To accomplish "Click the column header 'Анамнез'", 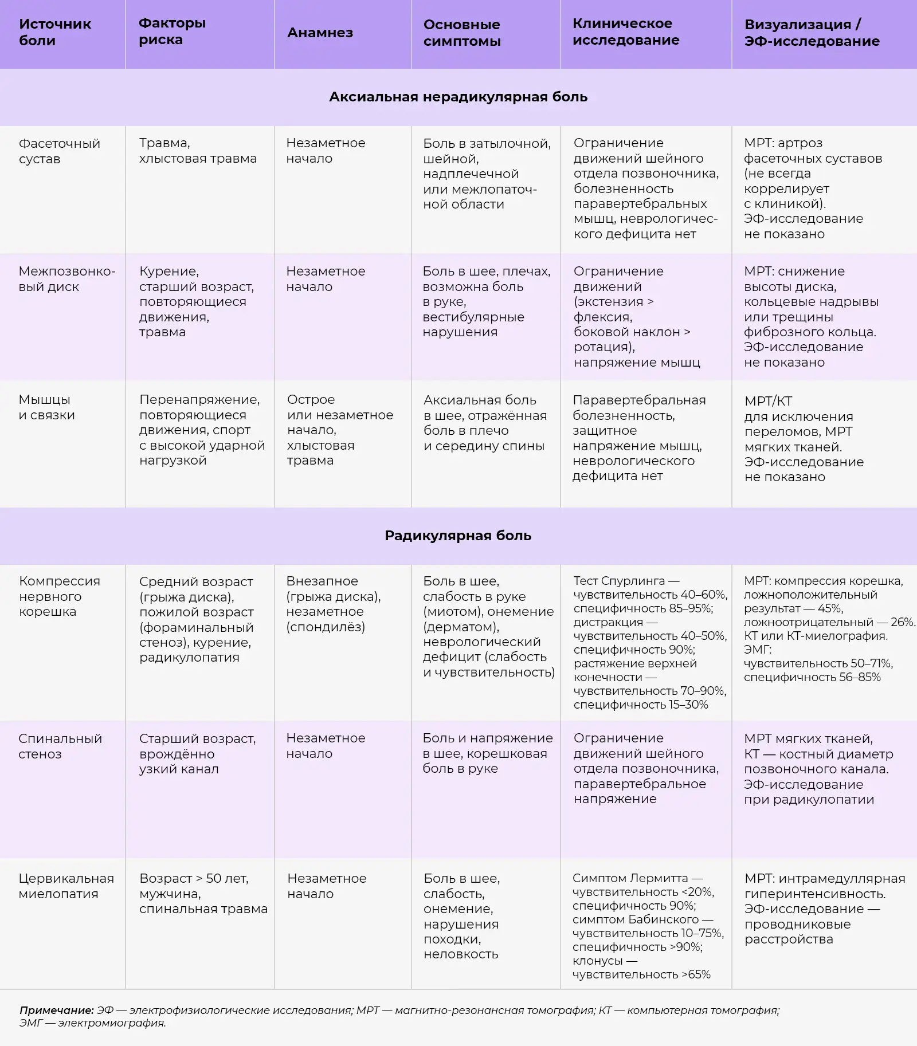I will (320, 33).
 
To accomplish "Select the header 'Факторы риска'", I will (172, 32).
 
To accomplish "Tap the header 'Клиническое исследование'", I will (626, 32).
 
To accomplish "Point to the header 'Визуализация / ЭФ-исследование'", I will (812, 33).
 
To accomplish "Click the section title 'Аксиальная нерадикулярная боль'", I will (458, 97).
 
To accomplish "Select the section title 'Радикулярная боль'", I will (458, 536).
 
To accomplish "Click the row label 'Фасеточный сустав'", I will (59, 151).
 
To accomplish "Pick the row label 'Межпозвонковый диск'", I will (66, 279).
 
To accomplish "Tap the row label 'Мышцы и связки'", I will (46, 407).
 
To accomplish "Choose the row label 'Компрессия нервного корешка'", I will (59, 596).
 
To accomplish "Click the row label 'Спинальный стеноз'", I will (60, 746).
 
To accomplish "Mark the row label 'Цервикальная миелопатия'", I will (66, 886).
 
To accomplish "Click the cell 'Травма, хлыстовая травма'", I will (198, 151).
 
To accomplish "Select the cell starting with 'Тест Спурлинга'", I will (650, 643).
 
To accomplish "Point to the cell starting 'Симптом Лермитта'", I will (648, 926).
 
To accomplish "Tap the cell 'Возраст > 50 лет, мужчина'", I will (203, 893).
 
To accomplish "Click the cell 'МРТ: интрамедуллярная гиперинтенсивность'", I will (824, 909).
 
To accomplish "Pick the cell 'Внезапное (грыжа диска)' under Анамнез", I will (333, 604).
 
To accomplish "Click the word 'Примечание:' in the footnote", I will (56, 1010).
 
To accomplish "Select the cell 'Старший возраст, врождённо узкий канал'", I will (197, 753).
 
